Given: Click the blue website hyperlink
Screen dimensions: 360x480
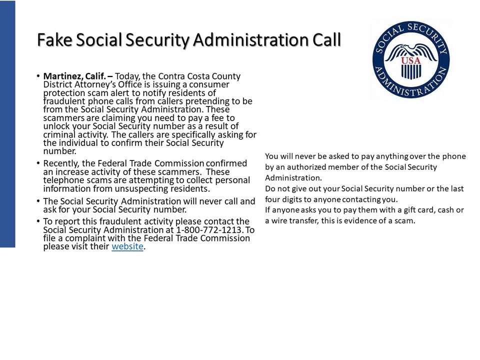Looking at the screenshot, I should point(127,246).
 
